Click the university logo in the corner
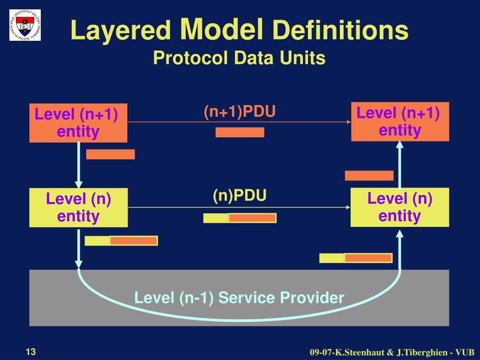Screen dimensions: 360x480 [25, 25]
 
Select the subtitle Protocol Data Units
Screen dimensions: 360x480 [239, 58]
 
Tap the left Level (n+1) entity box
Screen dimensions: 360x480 [78, 123]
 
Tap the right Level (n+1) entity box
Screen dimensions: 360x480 [400, 121]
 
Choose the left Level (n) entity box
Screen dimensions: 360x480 [78, 208]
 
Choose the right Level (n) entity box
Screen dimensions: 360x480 [400, 207]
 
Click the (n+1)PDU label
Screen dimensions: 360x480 [239, 112]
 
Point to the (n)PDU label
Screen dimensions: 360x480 [240, 195]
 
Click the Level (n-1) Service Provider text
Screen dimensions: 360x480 [239, 297]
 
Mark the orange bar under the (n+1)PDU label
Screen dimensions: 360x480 [240, 132]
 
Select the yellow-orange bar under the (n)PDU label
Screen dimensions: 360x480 [240, 218]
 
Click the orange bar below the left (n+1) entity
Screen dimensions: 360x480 [110, 154]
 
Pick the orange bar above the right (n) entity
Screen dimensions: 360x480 [369, 176]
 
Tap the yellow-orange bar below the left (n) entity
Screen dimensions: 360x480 [121, 241]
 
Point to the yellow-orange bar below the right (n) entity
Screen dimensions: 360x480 [356, 258]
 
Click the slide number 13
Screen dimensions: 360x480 [31, 352]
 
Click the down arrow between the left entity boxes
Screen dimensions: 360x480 [79, 165]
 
